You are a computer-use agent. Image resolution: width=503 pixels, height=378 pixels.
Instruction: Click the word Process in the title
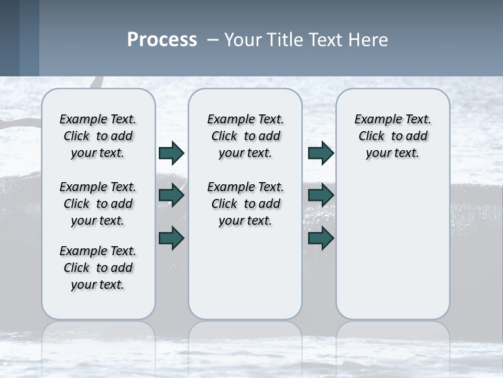click(162, 39)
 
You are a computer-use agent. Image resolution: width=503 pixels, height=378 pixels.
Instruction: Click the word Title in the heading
click(283, 40)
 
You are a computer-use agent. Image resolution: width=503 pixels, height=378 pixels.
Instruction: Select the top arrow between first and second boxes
click(171, 153)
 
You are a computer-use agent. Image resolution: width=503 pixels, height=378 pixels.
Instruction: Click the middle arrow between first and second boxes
click(171, 195)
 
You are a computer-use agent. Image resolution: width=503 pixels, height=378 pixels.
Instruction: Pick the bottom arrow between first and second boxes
click(171, 238)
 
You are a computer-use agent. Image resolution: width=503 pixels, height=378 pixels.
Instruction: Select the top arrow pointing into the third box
click(321, 153)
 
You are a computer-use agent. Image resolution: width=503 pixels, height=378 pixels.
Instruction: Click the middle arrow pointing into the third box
click(321, 195)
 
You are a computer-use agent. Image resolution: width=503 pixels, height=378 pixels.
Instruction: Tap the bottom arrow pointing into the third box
click(321, 238)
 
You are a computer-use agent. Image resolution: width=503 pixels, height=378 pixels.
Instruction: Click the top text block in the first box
click(98, 136)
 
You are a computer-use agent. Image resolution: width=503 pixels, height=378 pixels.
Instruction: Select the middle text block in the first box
click(98, 204)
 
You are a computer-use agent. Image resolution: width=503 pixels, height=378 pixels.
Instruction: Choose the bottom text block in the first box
click(98, 268)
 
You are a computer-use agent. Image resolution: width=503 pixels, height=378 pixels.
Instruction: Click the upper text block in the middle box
click(245, 136)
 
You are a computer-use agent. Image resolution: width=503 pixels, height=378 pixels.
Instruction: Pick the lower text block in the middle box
click(245, 204)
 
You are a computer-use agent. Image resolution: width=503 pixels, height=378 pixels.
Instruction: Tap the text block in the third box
click(392, 136)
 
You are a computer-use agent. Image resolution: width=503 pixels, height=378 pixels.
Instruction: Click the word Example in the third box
click(374, 120)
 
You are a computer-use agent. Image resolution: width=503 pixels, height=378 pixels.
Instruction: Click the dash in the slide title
click(213, 40)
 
